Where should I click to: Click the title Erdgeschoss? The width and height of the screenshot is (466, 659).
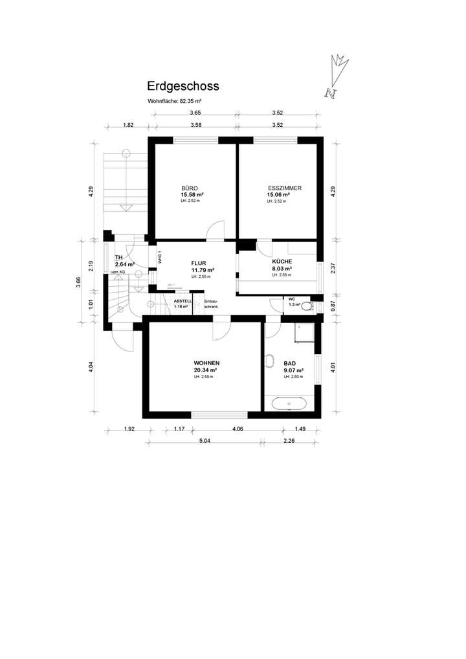point(183,86)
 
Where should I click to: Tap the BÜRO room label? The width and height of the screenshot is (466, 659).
point(190,188)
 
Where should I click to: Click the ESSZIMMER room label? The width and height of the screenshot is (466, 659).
point(285,188)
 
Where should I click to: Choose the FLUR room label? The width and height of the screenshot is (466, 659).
point(199,263)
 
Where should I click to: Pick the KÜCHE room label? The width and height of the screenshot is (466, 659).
point(282,262)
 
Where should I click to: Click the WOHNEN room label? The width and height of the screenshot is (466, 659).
point(206,363)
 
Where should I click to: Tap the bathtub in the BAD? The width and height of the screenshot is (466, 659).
point(289,404)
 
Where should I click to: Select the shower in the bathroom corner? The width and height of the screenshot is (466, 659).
point(305,333)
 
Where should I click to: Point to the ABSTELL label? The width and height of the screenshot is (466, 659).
point(182,301)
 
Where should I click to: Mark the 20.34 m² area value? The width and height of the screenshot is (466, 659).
point(206,370)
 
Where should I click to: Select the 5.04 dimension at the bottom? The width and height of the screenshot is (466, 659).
point(205,441)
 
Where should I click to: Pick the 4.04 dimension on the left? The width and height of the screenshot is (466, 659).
point(91,366)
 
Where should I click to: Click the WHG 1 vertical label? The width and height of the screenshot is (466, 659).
point(159,257)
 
